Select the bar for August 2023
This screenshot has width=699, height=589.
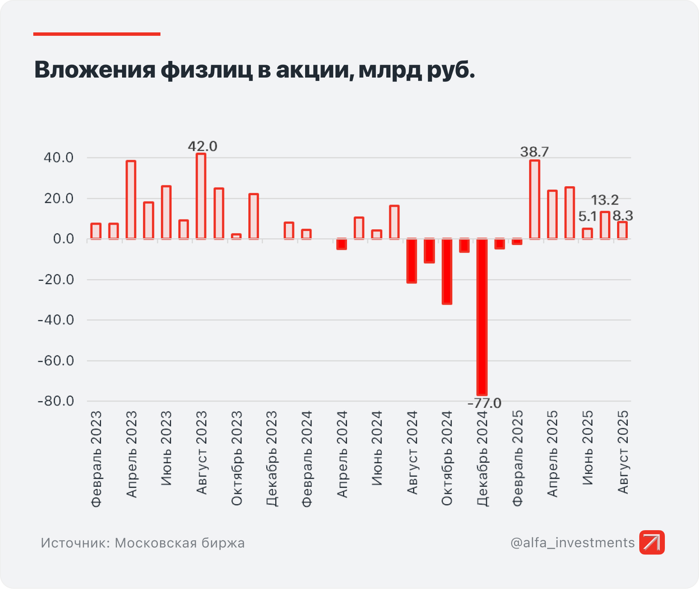(201, 196)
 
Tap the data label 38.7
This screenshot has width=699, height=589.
(534, 152)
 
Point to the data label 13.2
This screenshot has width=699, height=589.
(605, 200)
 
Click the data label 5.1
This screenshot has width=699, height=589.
(587, 217)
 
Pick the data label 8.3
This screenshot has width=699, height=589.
(623, 216)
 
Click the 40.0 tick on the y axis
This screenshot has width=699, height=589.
(58, 158)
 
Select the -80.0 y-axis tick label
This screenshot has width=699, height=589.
(56, 401)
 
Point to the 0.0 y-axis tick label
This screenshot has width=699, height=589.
(63, 239)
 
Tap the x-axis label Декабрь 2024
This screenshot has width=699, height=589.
(482, 458)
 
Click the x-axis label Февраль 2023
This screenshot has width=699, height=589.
(96, 459)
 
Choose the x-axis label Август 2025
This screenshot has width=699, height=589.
(623, 452)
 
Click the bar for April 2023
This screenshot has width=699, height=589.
(131, 200)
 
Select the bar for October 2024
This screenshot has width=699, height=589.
(447, 271)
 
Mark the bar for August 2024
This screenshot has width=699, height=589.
(412, 260)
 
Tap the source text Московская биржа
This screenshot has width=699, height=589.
(180, 543)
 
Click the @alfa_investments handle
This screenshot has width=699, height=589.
(572, 543)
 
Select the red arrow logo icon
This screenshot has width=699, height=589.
(652, 543)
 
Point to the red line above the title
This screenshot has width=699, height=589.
(97, 34)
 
